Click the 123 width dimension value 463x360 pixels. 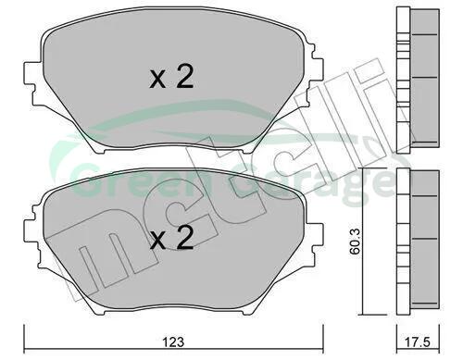tap(174, 342)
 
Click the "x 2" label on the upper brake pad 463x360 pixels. tap(171, 78)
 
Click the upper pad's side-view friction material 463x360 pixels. tap(424, 76)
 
